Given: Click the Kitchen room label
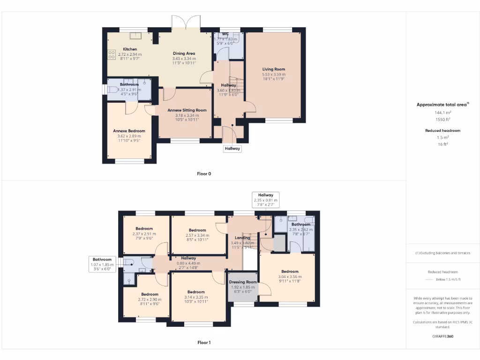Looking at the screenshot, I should point(130,49).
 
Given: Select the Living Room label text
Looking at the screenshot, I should point(274,69).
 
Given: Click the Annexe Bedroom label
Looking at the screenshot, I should point(129,131).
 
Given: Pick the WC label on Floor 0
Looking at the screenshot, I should point(225,34).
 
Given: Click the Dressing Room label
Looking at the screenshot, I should point(243,282).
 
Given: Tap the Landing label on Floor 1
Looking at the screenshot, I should point(242,238).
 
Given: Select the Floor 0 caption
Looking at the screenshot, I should point(204,173).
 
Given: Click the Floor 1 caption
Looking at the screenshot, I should point(204,343).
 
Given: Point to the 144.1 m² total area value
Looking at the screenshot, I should point(442,113).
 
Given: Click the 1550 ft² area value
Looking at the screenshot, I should point(442,120).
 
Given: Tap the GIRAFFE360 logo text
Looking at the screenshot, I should point(442,336).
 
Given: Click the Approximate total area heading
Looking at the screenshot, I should point(442,105).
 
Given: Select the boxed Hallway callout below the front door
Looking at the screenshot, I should point(232,149).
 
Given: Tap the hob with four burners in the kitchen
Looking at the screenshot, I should point(112,55).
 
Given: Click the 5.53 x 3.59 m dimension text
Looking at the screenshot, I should point(274,75).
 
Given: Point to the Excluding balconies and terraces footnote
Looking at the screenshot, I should point(442,253).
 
